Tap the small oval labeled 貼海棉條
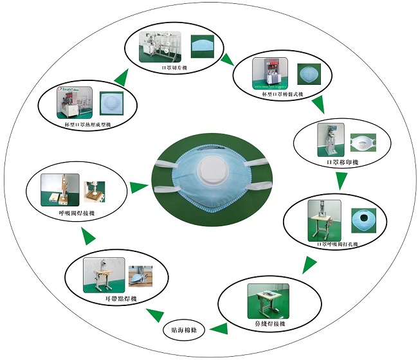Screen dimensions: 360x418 click(188, 329)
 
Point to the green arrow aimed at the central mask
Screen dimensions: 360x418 click(136, 188)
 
